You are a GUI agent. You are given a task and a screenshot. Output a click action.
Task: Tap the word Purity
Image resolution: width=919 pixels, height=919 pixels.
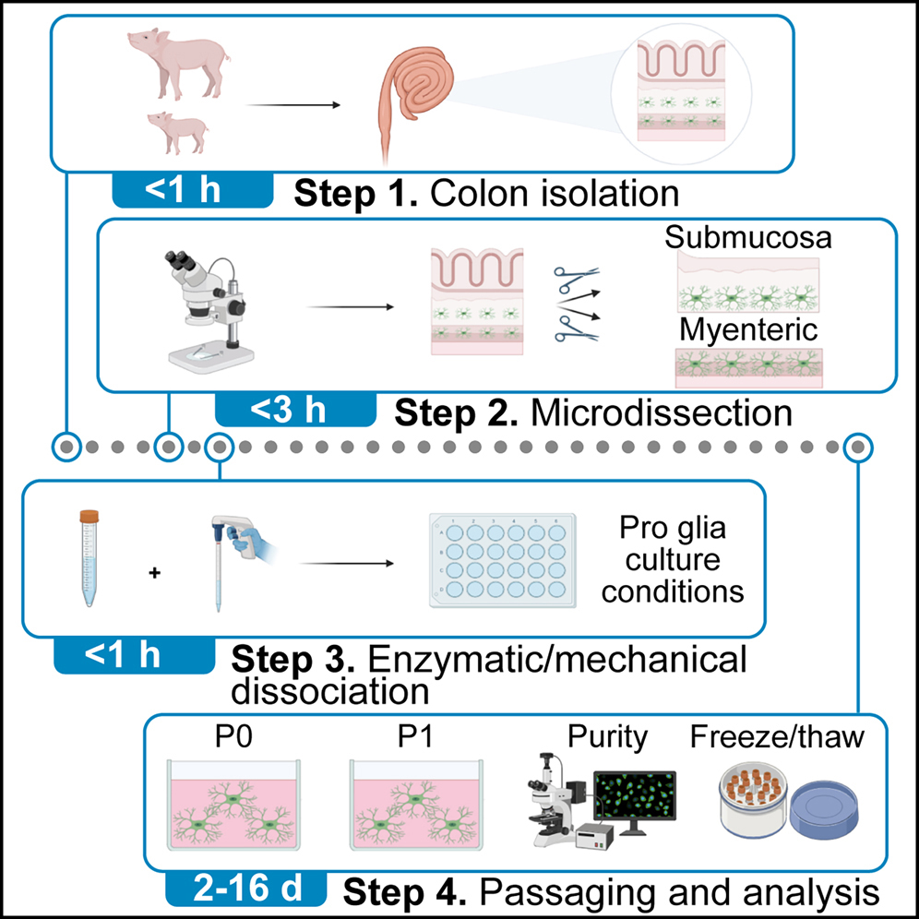point(607,737)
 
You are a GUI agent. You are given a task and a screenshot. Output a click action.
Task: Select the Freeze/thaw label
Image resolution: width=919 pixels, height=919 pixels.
point(777,737)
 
